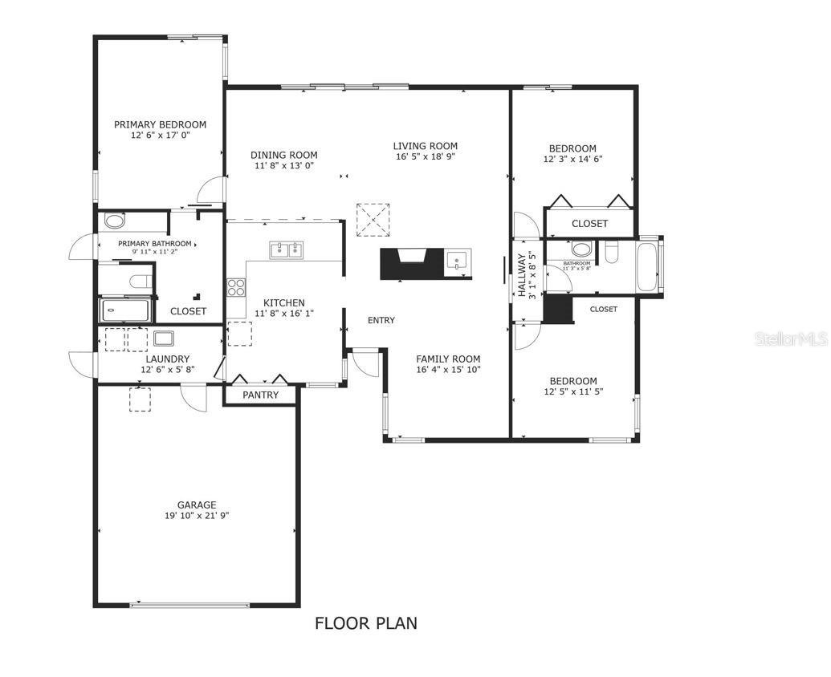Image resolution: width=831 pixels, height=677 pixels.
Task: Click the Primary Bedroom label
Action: [x=160, y=124]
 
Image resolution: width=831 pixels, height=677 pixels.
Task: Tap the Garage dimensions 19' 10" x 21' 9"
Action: [x=197, y=516]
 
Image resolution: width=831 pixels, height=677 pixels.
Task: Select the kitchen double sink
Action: [x=285, y=250]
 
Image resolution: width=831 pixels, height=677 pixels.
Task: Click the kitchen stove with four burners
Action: [x=236, y=288]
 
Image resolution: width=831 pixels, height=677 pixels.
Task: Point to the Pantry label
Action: [x=260, y=395]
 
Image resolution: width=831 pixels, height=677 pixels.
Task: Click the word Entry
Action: [x=381, y=320]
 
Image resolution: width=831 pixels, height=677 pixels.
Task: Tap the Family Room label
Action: [x=448, y=359]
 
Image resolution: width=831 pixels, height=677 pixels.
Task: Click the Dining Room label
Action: [x=283, y=155]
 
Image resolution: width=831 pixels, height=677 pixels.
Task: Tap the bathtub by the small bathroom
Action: [x=646, y=268]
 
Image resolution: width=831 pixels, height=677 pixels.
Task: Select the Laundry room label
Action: [x=168, y=359]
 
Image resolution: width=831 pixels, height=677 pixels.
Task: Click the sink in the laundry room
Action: [x=165, y=338]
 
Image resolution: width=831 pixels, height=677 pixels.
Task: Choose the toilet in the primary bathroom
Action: [x=141, y=281]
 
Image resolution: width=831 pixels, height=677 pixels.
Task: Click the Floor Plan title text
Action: [x=366, y=623]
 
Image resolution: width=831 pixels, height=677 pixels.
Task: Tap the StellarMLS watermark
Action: [x=791, y=340]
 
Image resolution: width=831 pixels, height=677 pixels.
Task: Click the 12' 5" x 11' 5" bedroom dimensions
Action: [x=573, y=391]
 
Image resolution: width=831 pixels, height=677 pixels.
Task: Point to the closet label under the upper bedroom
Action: [x=589, y=224]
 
